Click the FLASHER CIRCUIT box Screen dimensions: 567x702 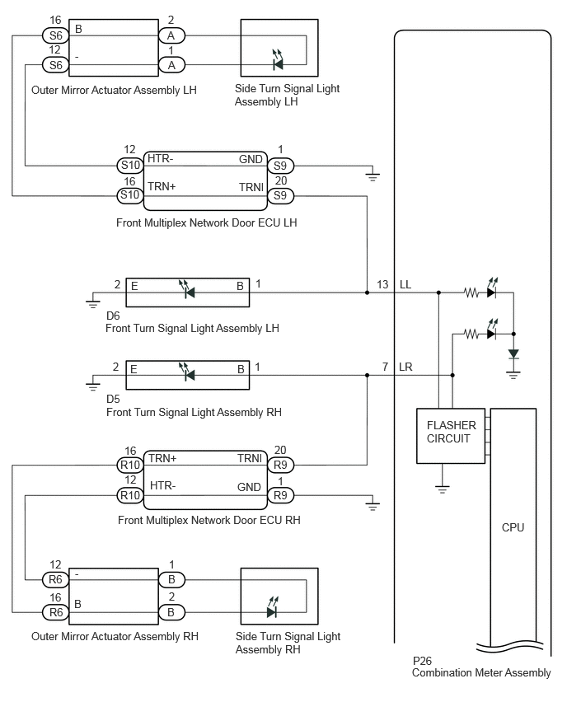[451, 436]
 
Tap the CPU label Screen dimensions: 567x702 [513, 527]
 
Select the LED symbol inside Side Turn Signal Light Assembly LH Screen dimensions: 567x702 [278, 60]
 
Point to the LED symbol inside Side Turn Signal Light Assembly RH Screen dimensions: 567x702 [272, 607]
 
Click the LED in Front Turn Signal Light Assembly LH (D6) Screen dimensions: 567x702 [188, 289]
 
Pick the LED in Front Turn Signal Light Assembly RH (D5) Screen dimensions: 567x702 [188, 372]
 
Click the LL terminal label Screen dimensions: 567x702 [405, 285]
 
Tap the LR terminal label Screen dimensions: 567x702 [405, 367]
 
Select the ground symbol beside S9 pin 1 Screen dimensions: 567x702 [373, 175]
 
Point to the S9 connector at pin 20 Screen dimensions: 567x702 [280, 195]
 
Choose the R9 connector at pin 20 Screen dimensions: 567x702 [280, 466]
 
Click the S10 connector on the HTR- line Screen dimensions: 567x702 [130, 166]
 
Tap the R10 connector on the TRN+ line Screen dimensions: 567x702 [130, 466]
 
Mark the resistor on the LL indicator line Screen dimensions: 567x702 [471, 292]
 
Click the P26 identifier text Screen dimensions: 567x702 [422, 661]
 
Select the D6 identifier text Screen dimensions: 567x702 [113, 316]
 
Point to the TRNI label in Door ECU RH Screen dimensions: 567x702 [250, 458]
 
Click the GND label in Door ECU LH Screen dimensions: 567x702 [251, 159]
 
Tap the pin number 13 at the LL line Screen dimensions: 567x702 [382, 285]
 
